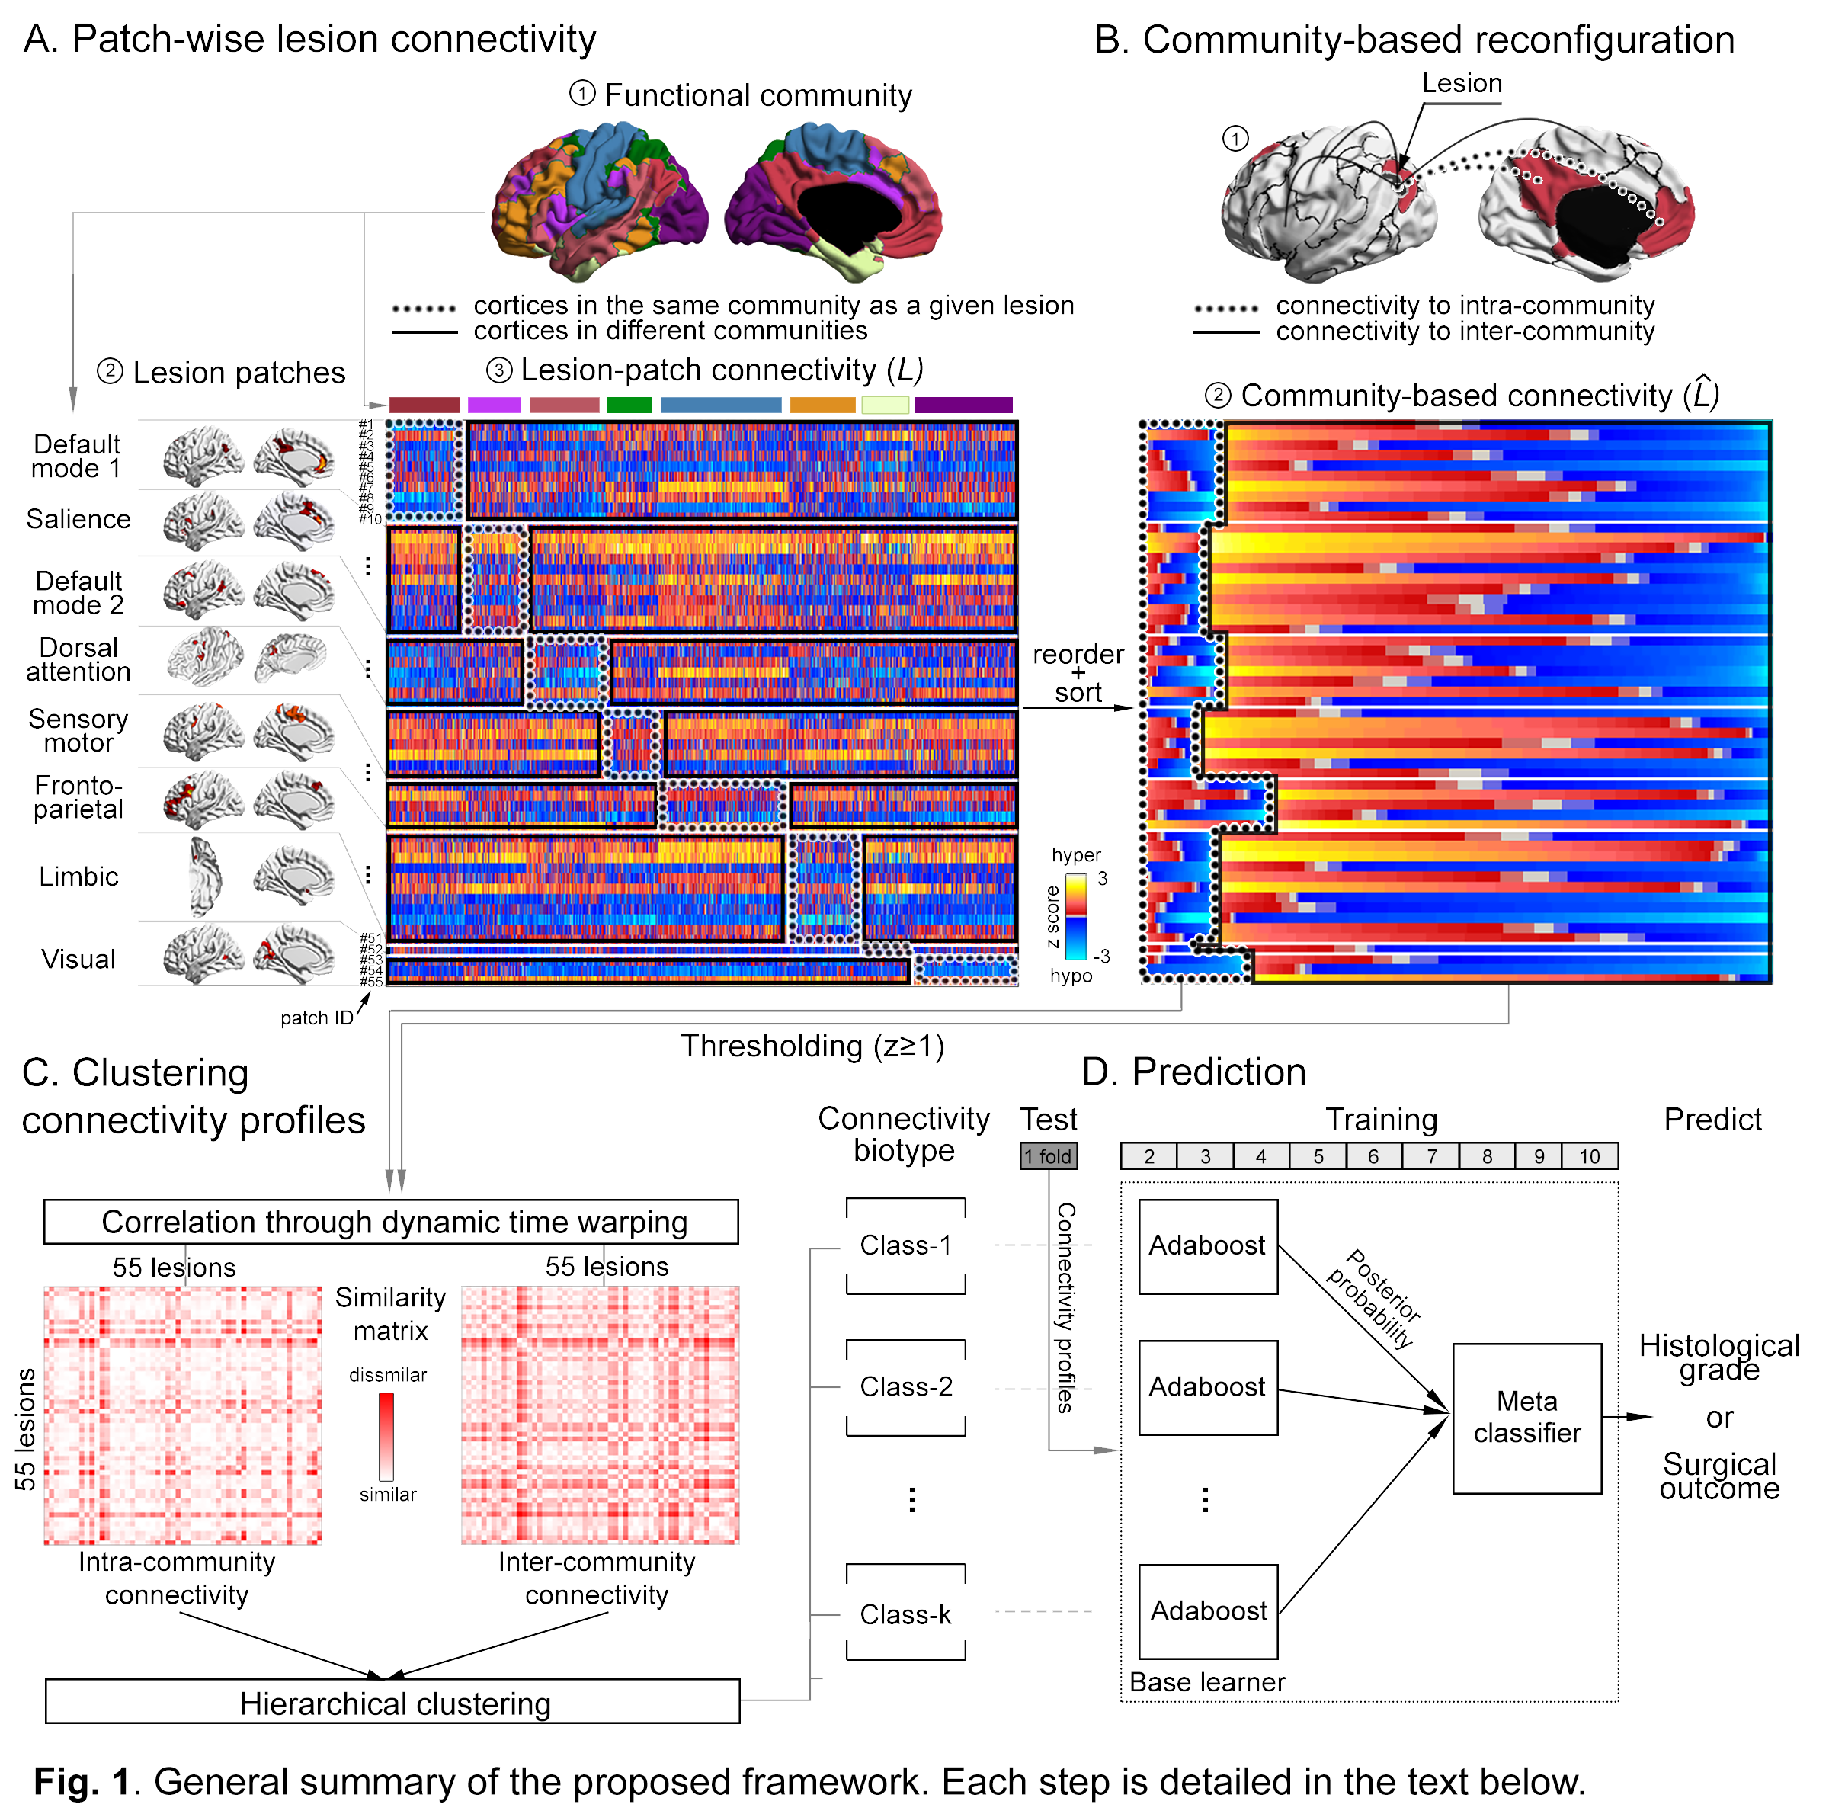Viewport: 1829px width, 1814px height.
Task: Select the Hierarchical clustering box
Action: [x=393, y=1701]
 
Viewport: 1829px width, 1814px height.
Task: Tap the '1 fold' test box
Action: [x=1048, y=1156]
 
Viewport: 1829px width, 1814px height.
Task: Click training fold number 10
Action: [x=1590, y=1156]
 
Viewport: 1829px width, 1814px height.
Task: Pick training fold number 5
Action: [x=1318, y=1156]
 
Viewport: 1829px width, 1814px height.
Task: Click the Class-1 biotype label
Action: [x=905, y=1245]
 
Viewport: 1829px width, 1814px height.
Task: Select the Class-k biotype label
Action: [x=905, y=1614]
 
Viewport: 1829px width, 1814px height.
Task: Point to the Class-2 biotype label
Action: [x=905, y=1386]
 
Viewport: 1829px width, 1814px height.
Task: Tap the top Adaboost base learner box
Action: [x=1208, y=1246]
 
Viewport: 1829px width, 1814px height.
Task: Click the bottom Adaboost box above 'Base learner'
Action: [x=1208, y=1610]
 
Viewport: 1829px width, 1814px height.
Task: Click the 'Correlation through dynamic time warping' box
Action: [x=391, y=1221]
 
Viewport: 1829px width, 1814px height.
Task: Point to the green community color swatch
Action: [x=629, y=405]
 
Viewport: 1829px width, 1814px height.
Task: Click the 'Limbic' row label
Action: [x=78, y=877]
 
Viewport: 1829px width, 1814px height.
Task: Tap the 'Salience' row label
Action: [x=78, y=519]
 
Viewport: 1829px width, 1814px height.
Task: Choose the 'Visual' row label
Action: [x=78, y=959]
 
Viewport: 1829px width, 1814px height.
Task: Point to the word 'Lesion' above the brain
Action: [x=1462, y=83]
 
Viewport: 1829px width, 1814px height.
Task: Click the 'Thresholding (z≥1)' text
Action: [x=812, y=1046]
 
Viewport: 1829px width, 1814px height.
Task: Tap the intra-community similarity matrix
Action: [x=183, y=1415]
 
